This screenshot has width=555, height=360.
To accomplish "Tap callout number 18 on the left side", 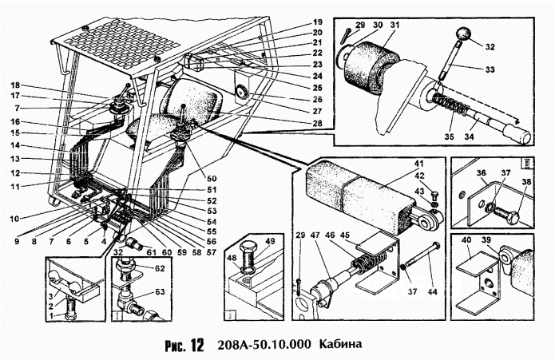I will (16, 85).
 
